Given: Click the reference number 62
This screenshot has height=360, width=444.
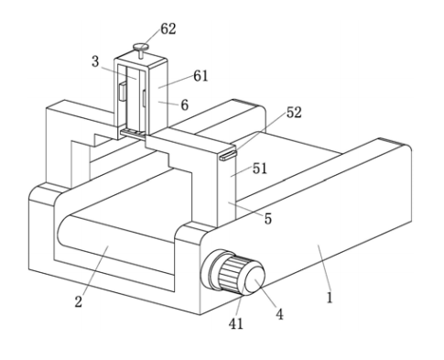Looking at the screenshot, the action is pos(168,29).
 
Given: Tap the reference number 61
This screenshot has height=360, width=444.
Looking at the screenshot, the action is pos(200,76).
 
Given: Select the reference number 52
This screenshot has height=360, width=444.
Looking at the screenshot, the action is pos(294,113).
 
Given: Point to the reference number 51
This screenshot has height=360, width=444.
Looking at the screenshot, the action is pos(260,169).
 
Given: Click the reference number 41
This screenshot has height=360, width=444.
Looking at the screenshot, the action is pos(236,323).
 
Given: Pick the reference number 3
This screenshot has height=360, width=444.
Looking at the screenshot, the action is pos(95,61).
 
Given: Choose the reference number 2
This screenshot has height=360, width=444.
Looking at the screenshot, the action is pos(79,301).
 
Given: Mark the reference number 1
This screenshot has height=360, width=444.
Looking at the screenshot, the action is pos(330,298).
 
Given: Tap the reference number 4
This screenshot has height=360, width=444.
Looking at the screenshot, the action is pos(279,314).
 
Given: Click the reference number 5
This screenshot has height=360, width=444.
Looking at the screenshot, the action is pos(268,219).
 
